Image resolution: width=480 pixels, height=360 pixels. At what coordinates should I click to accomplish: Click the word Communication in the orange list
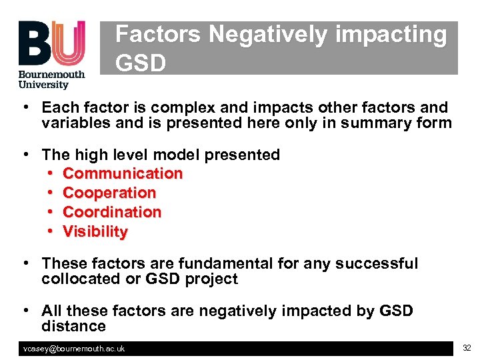pyautogui.click(x=123, y=173)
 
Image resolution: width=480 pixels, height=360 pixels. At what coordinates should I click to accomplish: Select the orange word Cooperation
pyautogui.click(x=109, y=193)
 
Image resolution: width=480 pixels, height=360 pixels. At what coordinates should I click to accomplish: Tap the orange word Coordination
pyautogui.click(x=112, y=212)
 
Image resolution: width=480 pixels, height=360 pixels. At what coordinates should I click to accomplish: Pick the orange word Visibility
pyautogui.click(x=95, y=231)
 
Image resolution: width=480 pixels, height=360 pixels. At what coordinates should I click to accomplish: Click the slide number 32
pyautogui.click(x=467, y=348)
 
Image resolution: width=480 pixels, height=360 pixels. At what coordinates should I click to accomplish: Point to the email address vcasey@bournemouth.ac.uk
pyautogui.click(x=74, y=349)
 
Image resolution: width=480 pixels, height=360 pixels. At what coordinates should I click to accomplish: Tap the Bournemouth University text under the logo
pyautogui.click(x=52, y=79)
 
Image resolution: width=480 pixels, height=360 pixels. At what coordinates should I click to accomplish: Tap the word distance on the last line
pyautogui.click(x=73, y=326)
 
